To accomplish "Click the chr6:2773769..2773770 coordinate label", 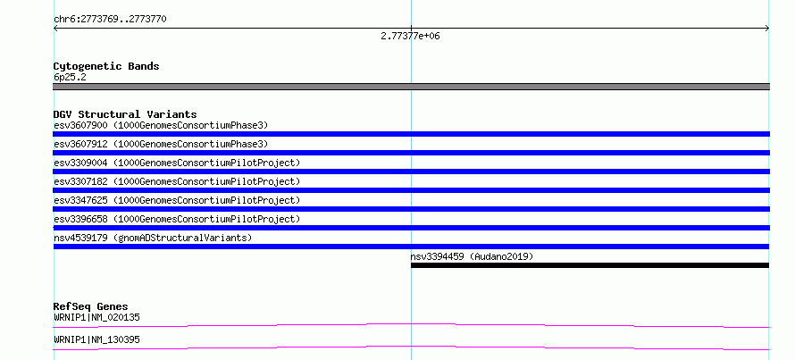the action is coord(110,20).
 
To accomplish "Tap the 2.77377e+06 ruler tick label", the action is coord(410,37).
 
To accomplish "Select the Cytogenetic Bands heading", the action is coord(106,66).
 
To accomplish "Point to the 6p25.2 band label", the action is coord(70,77).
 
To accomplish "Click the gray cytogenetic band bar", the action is coord(411,87).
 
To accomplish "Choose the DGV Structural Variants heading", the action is coord(125,114).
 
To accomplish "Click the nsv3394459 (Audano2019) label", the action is coord(472,256).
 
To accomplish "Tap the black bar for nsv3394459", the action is coord(590,265).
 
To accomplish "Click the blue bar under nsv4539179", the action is coord(411,247).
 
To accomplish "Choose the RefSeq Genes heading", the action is coord(91,306).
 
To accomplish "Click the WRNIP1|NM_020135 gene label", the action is coord(96,318).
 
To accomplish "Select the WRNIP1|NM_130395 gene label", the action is coord(96,339).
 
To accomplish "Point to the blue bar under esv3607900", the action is coord(411,134).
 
